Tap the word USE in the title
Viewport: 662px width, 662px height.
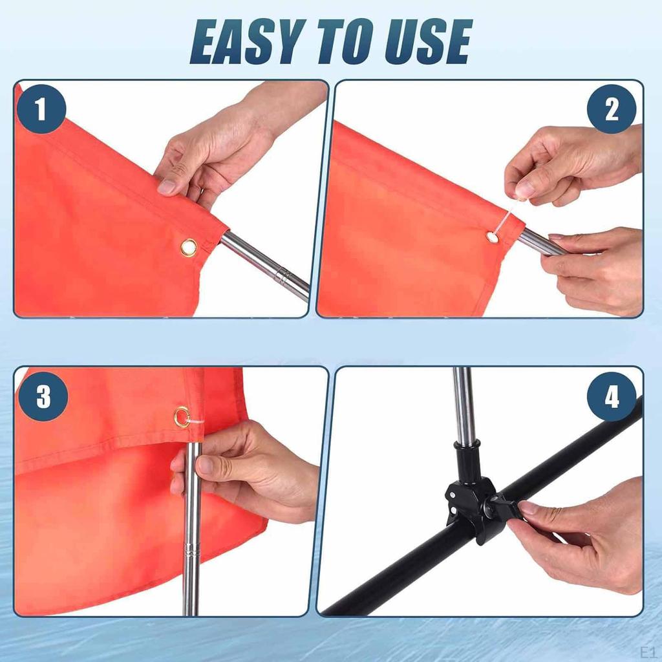coord(427,42)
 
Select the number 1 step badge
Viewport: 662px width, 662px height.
coord(41,109)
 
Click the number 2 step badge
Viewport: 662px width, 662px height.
coord(612,109)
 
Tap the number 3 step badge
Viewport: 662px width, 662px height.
coord(43,396)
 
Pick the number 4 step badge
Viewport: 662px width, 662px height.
coord(612,396)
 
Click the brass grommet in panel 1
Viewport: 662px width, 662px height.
coord(189,247)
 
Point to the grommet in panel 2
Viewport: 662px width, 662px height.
coord(492,237)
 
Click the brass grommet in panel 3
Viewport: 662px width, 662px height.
coord(182,417)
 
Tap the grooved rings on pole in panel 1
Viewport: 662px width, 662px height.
coord(282,276)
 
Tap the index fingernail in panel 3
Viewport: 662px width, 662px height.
coord(207,465)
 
